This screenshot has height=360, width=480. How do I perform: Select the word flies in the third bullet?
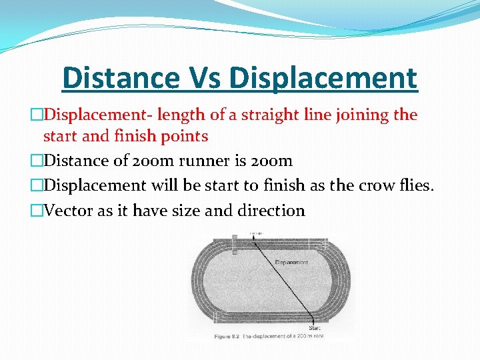pyautogui.click(x=417, y=186)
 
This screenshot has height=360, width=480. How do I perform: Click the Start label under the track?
pyautogui.click(x=315, y=327)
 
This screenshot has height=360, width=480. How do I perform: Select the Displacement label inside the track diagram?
pyautogui.click(x=291, y=263)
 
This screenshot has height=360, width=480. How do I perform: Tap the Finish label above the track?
pyautogui.click(x=255, y=233)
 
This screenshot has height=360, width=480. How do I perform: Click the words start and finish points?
pyautogui.click(x=125, y=137)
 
